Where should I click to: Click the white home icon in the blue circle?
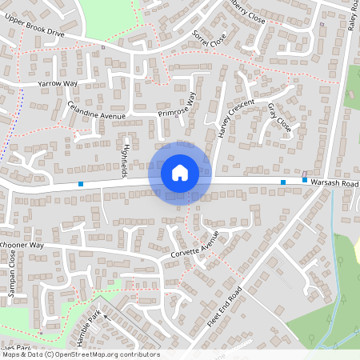[x=180, y=172]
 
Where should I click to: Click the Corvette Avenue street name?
[x=194, y=247]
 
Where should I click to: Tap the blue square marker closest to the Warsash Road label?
[x=305, y=180]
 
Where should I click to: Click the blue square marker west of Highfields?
[x=81, y=185]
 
